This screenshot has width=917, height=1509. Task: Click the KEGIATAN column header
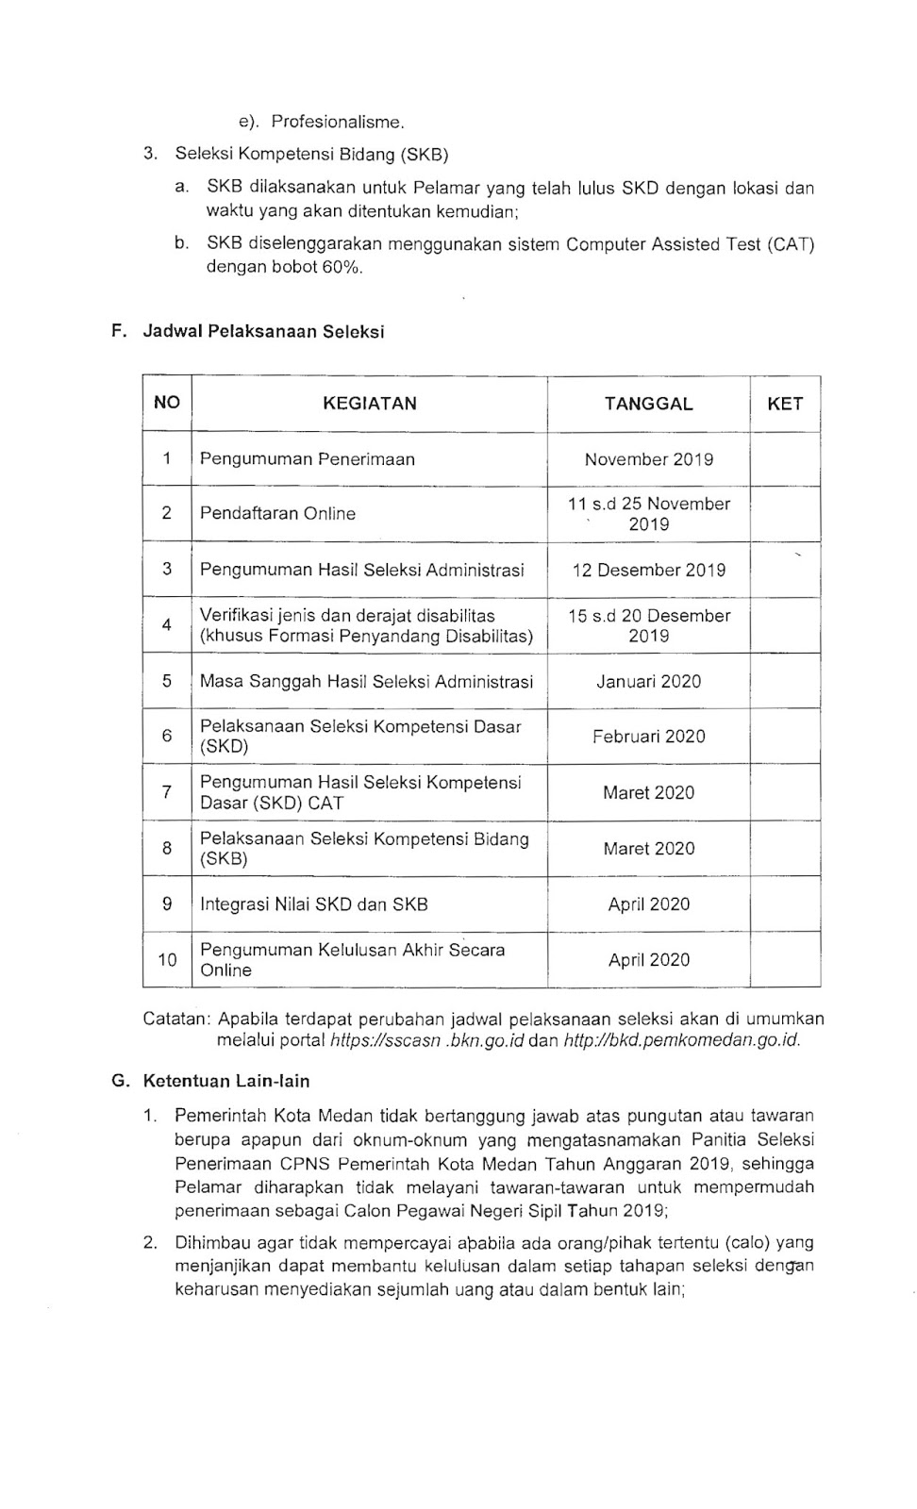pyautogui.click(x=369, y=404)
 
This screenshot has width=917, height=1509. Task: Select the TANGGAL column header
pyautogui.click(x=648, y=404)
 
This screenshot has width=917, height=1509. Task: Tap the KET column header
pyautogui.click(x=785, y=404)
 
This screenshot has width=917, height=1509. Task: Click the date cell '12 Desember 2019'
pyautogui.click(x=648, y=570)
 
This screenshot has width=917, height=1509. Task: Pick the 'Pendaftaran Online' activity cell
pyautogui.click(x=277, y=514)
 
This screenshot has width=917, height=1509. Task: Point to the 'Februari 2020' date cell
pyautogui.click(x=648, y=737)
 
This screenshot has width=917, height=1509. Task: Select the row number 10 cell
pyautogui.click(x=167, y=960)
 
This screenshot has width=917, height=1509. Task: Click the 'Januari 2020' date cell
pyautogui.click(x=648, y=681)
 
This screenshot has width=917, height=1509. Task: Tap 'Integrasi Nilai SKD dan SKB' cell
pyautogui.click(x=313, y=904)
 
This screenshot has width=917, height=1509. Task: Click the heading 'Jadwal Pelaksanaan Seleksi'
pyautogui.click(x=263, y=332)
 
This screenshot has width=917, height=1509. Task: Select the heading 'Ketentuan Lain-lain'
pyautogui.click(x=225, y=1081)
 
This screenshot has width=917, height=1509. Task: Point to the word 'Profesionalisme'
pyautogui.click(x=337, y=122)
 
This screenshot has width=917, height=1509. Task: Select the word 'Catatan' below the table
pyautogui.click(x=175, y=1019)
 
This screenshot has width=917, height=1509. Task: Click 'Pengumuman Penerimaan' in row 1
pyautogui.click(x=308, y=459)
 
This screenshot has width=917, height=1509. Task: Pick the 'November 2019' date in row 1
pyautogui.click(x=648, y=459)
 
